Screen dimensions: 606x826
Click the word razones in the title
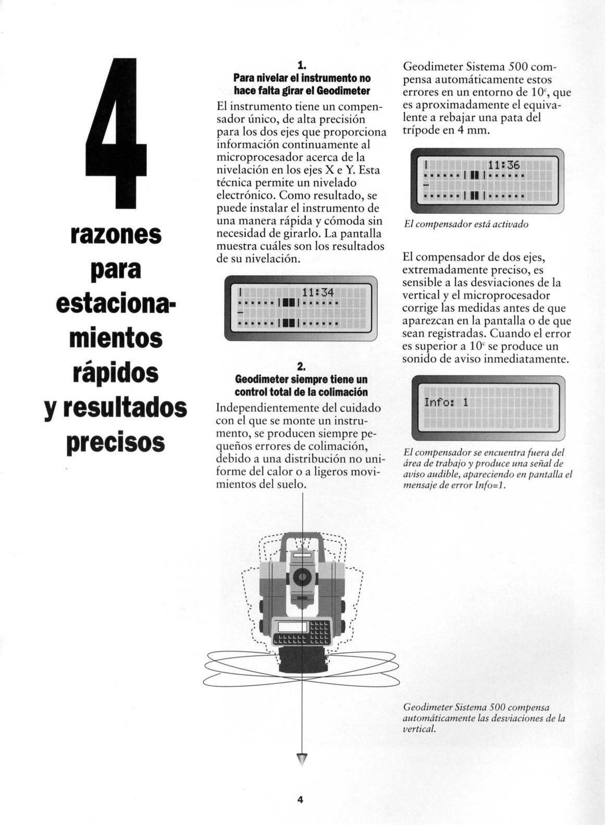116,235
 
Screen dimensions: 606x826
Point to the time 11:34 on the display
318,293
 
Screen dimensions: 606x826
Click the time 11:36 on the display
504,165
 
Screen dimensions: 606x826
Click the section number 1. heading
302,66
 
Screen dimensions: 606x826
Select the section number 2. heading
302,366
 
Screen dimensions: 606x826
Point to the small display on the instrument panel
292,627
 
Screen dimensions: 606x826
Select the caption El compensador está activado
466,224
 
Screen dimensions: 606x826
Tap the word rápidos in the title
116,374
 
